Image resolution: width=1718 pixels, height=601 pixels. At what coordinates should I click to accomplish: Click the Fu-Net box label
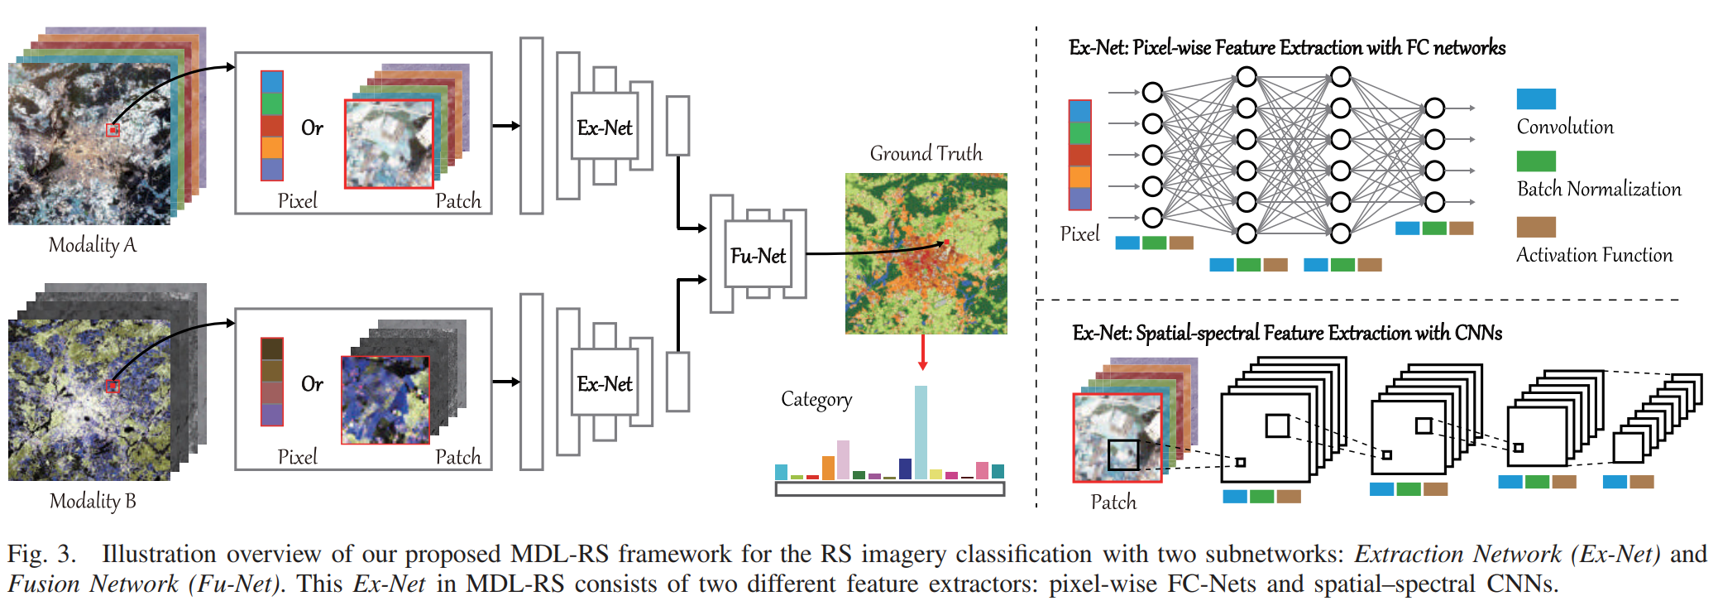tap(758, 256)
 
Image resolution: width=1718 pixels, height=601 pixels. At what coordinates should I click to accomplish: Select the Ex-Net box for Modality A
tap(605, 127)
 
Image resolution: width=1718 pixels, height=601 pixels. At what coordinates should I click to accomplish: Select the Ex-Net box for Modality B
tap(605, 384)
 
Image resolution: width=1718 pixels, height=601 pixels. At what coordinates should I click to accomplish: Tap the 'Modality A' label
tap(92, 245)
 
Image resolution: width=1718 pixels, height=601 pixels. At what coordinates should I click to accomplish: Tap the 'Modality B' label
tap(92, 501)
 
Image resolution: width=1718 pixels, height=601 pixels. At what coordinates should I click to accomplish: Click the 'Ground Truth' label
tap(926, 153)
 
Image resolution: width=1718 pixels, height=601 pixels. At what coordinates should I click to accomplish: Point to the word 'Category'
tap(816, 399)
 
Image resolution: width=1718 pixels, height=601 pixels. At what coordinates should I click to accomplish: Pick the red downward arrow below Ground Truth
tap(923, 353)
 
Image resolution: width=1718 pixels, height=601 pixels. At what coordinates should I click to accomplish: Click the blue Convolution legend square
tap(1536, 99)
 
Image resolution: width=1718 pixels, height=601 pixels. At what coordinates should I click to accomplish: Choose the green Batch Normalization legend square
tap(1536, 161)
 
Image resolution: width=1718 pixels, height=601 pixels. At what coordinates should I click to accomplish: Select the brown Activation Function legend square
tap(1536, 227)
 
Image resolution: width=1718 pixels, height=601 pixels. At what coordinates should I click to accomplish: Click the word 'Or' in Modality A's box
tap(312, 128)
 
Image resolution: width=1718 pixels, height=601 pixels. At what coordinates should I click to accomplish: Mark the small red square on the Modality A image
tap(113, 130)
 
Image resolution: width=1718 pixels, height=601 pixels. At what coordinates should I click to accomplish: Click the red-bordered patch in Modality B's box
tap(385, 400)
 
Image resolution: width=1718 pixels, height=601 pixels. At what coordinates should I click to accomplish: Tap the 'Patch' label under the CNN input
tap(1113, 502)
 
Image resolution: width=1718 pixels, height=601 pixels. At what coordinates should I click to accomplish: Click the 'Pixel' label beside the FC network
tap(1079, 234)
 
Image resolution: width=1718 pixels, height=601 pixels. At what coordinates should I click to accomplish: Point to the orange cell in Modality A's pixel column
tap(272, 147)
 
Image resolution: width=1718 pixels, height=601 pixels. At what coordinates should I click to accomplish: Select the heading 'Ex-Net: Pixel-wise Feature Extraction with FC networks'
tap(1286, 48)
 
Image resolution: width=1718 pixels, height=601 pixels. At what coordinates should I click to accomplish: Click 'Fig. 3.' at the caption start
tap(41, 554)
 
